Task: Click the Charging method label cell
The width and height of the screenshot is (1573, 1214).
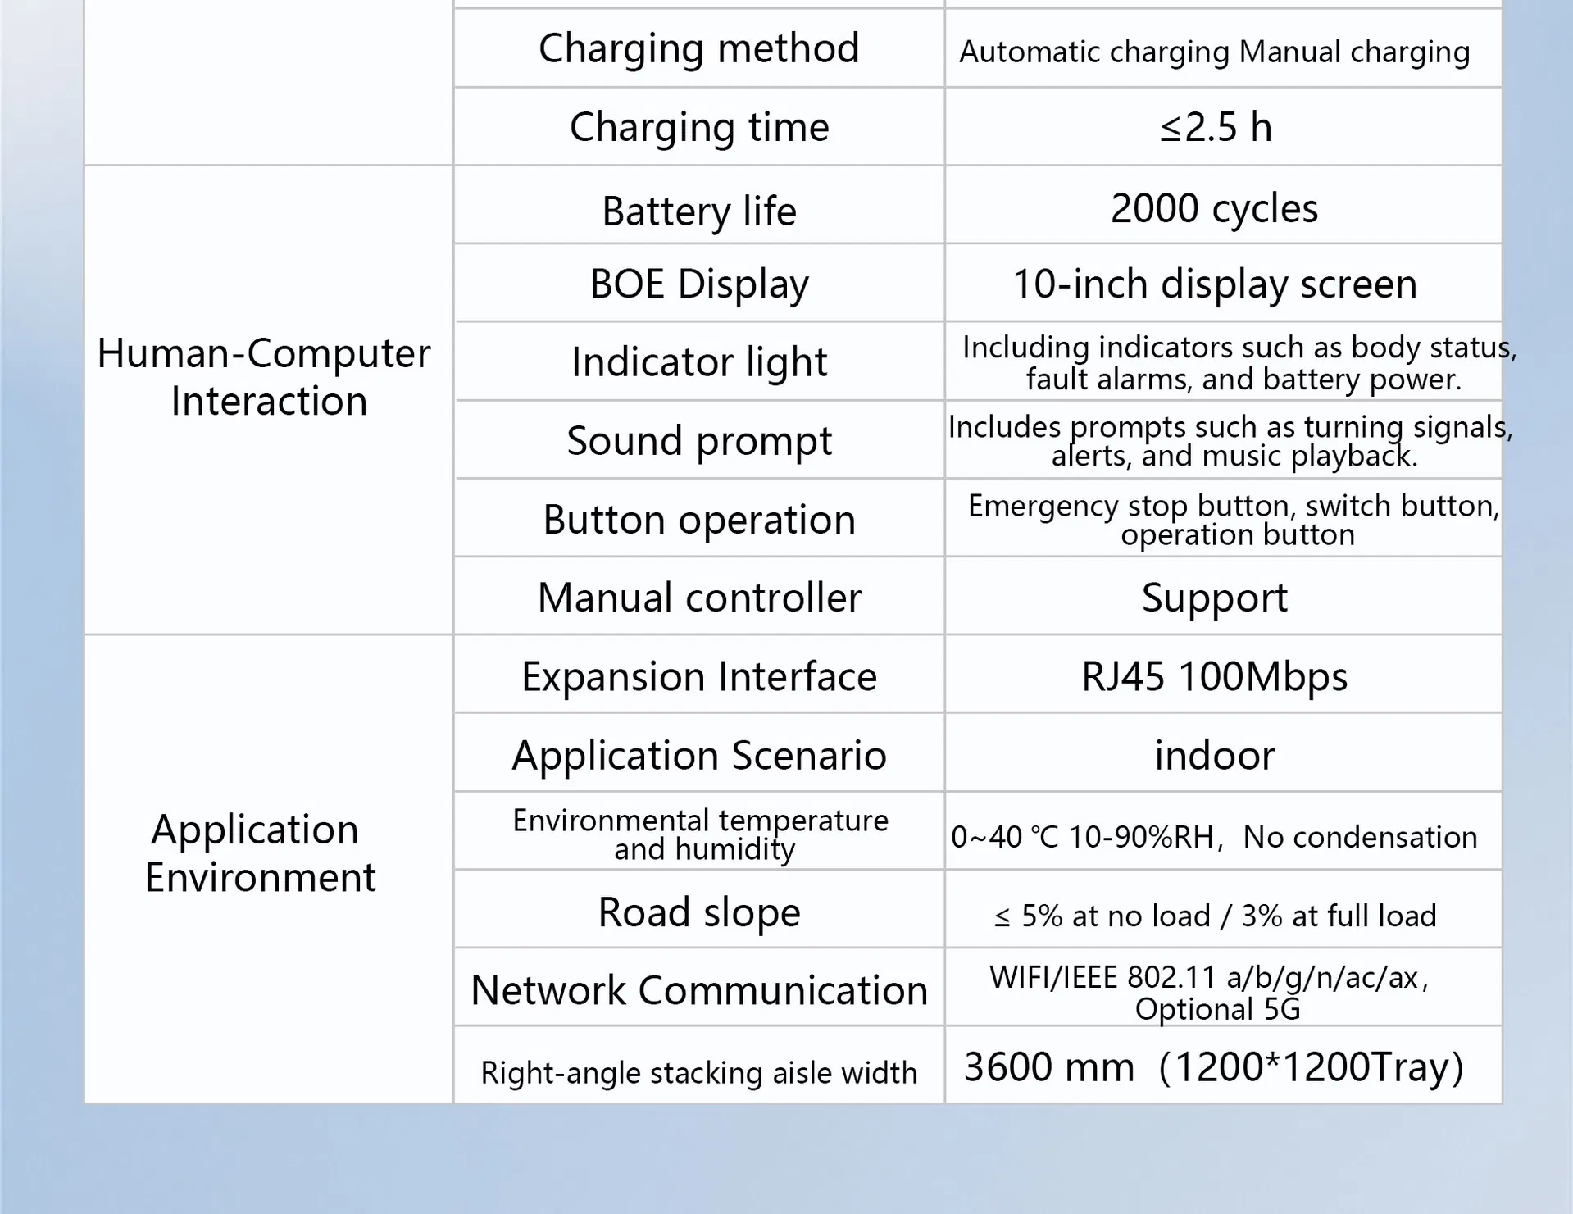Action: click(698, 48)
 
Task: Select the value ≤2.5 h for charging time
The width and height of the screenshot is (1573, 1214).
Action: click(1216, 127)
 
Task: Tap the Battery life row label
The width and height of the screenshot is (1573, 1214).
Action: click(698, 211)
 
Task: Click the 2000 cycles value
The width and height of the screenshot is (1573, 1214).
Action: click(1214, 208)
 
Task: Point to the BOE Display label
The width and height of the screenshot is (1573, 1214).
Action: click(698, 284)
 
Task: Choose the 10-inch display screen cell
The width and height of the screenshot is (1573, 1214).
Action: click(1214, 284)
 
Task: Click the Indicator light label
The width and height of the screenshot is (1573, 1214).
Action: click(698, 361)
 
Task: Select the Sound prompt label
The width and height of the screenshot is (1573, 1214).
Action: click(698, 440)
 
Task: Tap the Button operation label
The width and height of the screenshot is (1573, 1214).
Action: click(698, 520)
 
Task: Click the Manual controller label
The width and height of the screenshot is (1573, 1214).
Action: click(698, 598)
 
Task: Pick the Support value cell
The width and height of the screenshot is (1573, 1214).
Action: click(1214, 598)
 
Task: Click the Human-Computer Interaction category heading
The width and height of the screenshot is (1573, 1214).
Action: click(264, 377)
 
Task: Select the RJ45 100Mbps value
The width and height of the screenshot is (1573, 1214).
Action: click(1214, 676)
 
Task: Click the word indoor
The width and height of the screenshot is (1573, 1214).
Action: click(1214, 755)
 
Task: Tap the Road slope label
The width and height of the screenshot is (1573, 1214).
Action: click(698, 912)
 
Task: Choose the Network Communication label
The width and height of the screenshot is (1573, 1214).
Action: click(698, 990)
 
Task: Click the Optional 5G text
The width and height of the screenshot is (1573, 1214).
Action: click(1217, 1009)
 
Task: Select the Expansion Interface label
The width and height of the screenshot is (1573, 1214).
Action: click(698, 676)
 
